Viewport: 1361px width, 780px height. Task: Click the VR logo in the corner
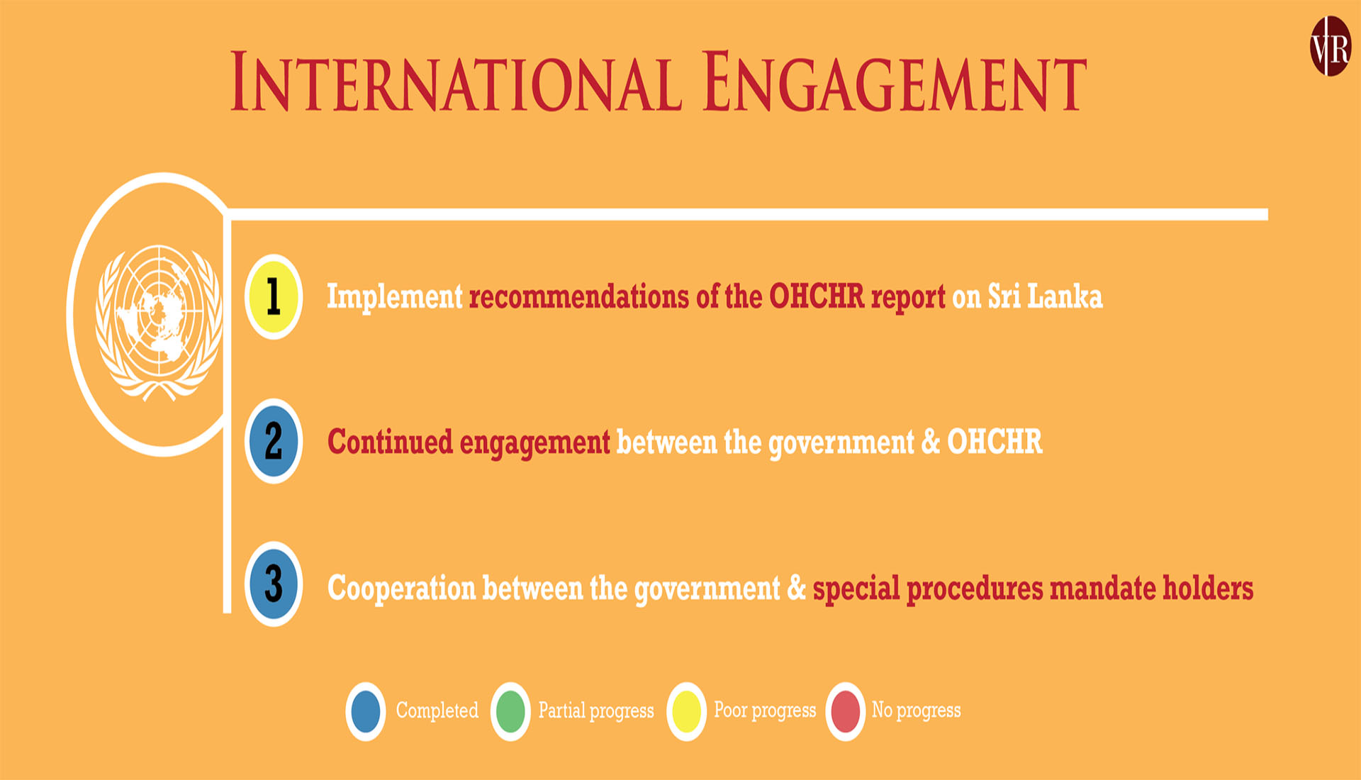click(1331, 46)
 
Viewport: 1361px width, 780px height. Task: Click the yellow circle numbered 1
click(274, 296)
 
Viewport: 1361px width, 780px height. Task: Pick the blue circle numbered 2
click(274, 441)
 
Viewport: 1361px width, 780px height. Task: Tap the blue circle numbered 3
click(274, 584)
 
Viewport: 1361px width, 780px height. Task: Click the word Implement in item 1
click(394, 297)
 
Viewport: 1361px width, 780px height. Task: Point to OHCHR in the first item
click(817, 296)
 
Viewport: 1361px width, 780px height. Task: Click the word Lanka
click(1065, 296)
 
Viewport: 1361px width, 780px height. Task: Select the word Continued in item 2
click(390, 441)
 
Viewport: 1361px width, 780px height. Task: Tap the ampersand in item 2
click(931, 441)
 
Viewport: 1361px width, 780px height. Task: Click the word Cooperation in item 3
click(401, 589)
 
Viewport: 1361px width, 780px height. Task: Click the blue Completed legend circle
click(366, 711)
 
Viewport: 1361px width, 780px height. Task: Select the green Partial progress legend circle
click(510, 711)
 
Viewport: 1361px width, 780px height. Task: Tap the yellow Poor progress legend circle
click(686, 711)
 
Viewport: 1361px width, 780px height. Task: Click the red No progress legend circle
click(845, 711)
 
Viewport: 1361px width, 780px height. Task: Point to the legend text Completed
click(437, 711)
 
